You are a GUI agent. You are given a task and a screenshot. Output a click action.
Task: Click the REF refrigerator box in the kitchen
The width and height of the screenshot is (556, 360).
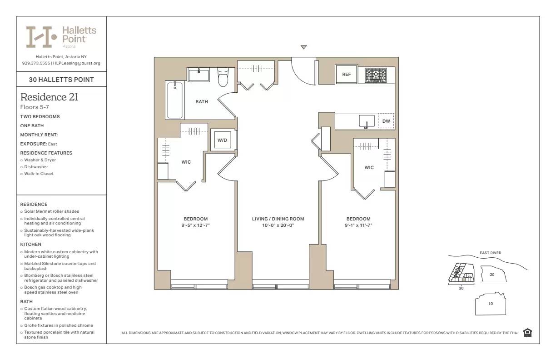coord(346,74)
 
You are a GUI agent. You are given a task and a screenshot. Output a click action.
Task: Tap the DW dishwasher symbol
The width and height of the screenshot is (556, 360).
coord(386,121)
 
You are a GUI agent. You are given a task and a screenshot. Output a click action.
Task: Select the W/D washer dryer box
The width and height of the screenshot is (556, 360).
coord(222,140)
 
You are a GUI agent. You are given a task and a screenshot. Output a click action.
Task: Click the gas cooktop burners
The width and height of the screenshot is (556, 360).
coord(376,75)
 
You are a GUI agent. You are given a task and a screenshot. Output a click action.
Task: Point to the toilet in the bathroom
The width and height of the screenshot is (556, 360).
coord(223,78)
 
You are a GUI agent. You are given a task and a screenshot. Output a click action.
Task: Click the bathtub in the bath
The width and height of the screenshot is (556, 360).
coord(175,100)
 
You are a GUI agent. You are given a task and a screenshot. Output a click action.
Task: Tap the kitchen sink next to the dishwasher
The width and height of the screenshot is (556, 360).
coord(366,121)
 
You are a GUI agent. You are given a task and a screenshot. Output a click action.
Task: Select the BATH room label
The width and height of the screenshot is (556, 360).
coord(202,101)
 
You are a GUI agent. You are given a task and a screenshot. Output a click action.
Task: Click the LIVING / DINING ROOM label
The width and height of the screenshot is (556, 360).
coord(278,219)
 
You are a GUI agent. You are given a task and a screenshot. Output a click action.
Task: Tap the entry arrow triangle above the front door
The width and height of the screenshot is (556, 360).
coord(304,47)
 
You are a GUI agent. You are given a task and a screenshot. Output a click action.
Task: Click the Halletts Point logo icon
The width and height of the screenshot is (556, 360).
coord(41,37)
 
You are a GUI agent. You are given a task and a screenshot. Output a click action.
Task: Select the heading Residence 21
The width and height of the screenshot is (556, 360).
coord(50,97)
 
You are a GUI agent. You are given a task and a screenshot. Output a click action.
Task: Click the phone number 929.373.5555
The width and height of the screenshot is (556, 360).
coord(36,63)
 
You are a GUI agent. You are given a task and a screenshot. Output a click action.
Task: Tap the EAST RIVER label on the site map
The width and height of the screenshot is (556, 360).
coord(490,253)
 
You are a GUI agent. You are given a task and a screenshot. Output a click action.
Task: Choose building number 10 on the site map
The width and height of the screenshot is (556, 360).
coord(491,304)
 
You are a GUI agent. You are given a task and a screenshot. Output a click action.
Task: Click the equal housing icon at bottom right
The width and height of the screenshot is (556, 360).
coord(527,333)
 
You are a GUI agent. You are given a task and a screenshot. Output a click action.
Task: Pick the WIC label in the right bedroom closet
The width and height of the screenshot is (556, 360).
coord(369,167)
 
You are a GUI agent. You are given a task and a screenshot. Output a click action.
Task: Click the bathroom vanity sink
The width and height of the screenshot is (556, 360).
coord(199,75)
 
